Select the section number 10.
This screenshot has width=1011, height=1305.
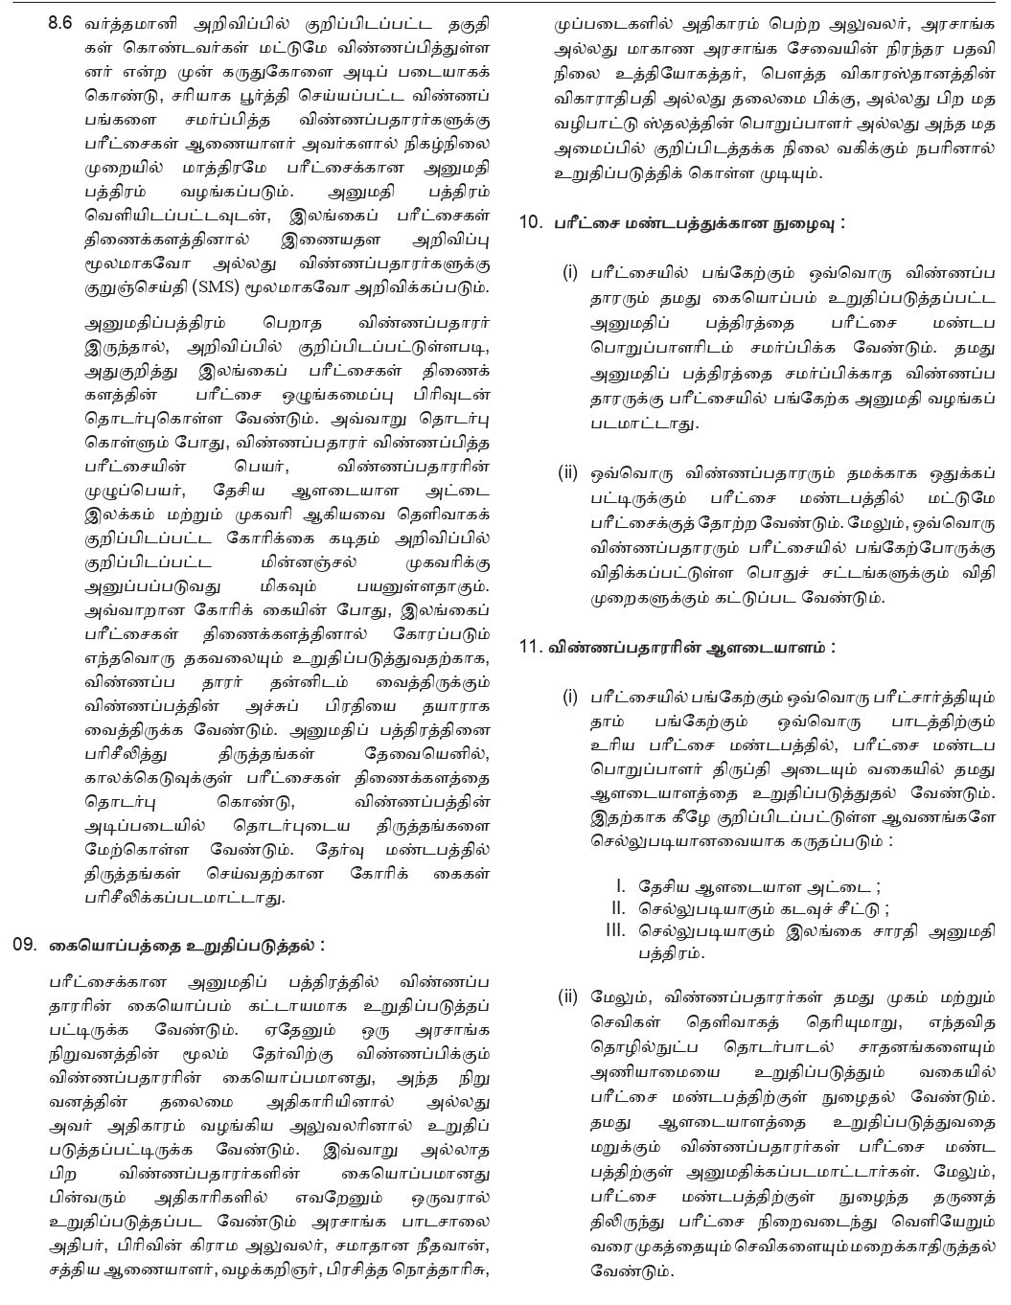point(531,221)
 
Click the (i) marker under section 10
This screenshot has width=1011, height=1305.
point(570,273)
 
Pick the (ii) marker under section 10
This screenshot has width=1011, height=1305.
point(568,472)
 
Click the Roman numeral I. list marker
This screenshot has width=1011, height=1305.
point(620,887)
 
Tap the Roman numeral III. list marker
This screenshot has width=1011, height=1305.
point(614,929)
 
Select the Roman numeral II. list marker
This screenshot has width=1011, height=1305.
point(617,908)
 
